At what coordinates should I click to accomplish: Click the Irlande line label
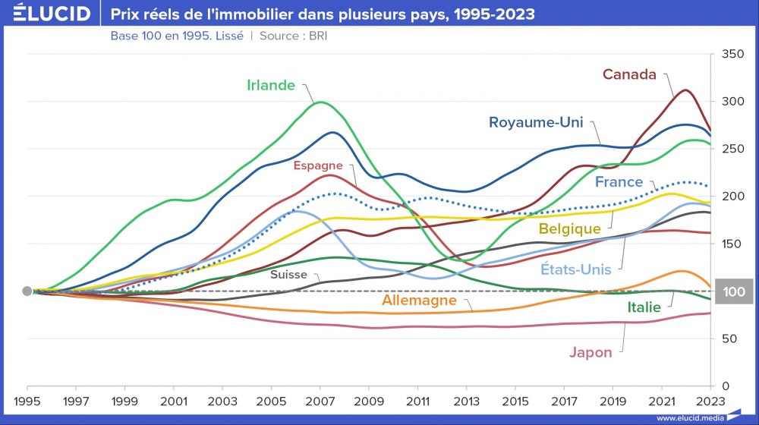point(271,85)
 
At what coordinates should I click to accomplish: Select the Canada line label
point(628,74)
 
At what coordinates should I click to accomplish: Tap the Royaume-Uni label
point(536,122)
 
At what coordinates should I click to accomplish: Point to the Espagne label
point(318,165)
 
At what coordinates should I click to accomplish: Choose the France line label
point(619,182)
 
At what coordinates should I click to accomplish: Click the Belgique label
point(570,228)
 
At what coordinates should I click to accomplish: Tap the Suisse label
point(289,275)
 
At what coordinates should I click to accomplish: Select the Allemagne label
point(419,301)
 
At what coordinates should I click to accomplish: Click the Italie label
point(644,307)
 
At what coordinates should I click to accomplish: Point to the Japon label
point(591,352)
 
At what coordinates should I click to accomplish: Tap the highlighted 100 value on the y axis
point(733,291)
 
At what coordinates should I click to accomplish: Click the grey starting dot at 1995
point(27,291)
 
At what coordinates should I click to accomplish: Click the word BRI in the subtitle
point(317,35)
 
